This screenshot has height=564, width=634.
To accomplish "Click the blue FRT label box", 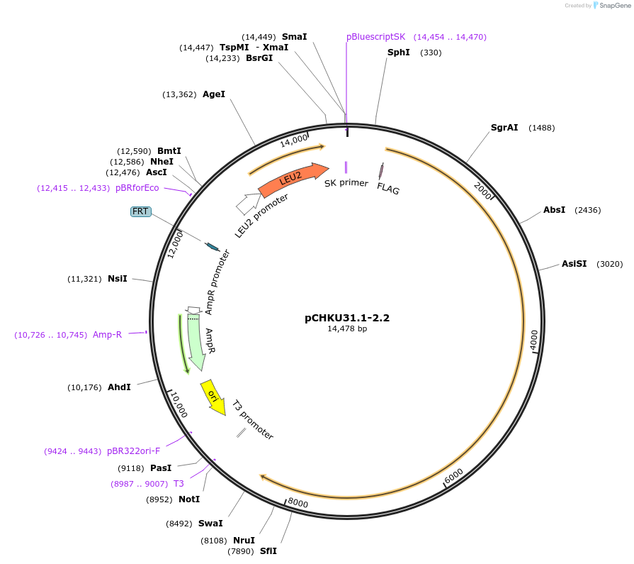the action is click(140, 211).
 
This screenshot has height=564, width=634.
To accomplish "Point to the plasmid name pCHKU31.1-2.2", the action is click(347, 318).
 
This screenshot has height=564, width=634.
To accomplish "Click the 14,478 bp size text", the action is click(347, 328).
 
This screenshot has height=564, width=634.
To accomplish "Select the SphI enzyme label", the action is click(398, 52).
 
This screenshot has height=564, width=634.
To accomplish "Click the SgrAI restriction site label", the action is click(504, 128).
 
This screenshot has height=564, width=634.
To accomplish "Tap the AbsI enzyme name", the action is click(554, 210).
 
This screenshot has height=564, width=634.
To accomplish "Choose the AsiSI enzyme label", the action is click(574, 263).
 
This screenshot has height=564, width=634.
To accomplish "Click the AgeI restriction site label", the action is click(214, 94).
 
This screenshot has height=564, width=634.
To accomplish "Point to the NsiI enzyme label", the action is click(118, 279).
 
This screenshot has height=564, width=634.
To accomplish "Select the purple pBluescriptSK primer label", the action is click(375, 37).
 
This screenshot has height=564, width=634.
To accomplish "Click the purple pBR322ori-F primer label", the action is click(134, 450).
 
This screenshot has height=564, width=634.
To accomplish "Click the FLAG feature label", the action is click(388, 189).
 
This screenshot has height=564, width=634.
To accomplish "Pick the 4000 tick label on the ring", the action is click(533, 340).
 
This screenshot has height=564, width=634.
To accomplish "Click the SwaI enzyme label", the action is click(210, 524).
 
